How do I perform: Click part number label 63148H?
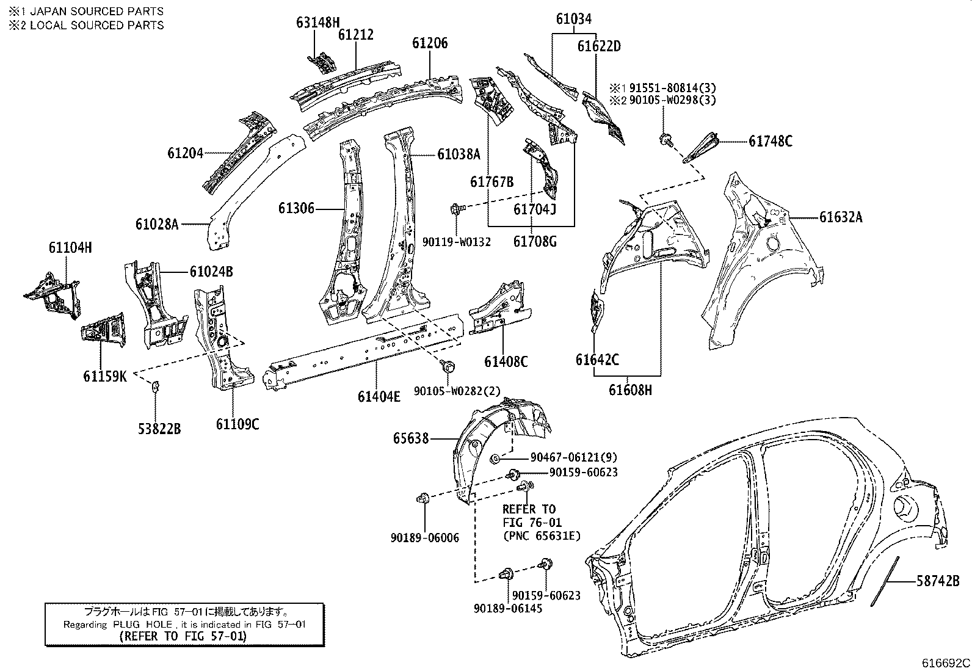[317, 23]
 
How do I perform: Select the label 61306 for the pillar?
[296, 209]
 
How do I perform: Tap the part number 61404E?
[379, 396]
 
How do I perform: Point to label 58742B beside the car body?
[938, 581]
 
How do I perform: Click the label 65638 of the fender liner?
[411, 438]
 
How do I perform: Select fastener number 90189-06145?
[508, 608]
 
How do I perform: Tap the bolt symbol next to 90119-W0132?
[455, 209]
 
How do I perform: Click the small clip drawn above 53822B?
[155, 385]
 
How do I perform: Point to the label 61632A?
[841, 217]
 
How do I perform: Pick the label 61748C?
[771, 142]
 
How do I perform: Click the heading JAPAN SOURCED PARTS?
[96, 11]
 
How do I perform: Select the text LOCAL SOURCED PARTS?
[96, 25]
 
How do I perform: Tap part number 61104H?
[70, 247]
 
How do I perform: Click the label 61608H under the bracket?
[630, 390]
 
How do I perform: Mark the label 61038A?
[459, 154]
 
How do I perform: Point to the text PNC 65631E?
[541, 536]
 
